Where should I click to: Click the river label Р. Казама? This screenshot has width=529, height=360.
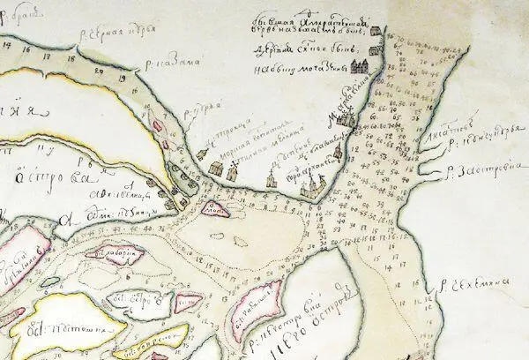click(180, 59)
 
